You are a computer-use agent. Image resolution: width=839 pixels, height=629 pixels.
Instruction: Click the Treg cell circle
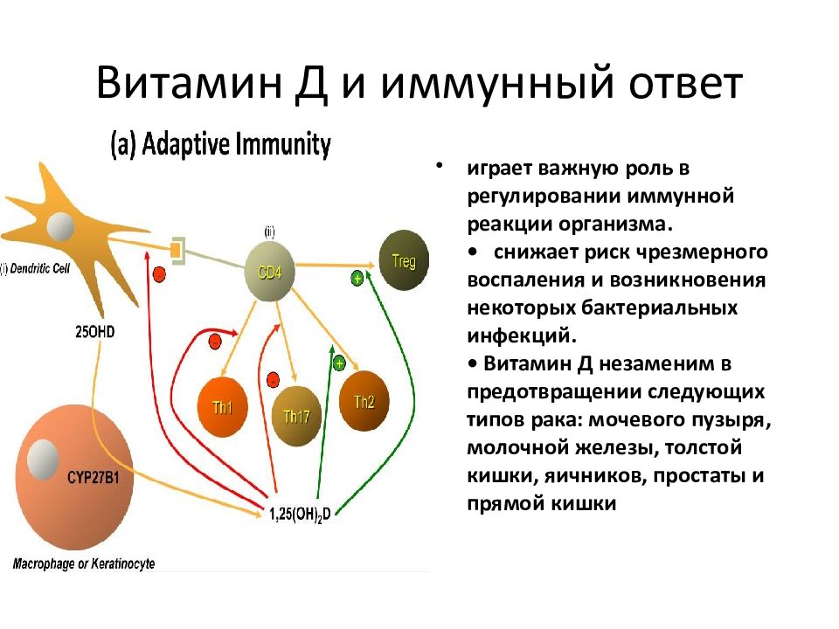point(404,260)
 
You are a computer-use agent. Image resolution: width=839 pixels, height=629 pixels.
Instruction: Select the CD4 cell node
point(270,271)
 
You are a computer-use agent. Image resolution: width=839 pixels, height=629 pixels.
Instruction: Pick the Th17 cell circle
point(296,416)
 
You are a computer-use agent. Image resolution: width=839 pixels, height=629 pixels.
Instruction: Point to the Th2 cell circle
point(364,401)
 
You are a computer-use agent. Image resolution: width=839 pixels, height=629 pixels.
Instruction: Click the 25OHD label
point(94,332)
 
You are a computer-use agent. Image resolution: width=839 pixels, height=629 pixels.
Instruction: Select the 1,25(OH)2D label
point(300,515)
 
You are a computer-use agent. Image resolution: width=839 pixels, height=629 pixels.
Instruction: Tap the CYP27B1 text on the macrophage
point(94,477)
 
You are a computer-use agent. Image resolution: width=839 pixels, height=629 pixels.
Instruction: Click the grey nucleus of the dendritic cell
point(60,227)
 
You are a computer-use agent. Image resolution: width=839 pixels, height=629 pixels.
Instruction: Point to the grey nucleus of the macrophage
point(42,460)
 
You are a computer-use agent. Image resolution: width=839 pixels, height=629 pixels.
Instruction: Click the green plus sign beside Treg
point(357,278)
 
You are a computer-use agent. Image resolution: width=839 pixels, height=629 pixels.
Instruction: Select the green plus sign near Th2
point(339,364)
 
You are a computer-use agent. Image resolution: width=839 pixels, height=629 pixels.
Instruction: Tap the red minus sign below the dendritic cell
point(159,274)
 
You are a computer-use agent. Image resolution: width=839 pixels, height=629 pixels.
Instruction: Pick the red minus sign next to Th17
point(273,380)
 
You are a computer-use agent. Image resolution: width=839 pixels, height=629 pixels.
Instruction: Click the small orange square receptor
point(175,249)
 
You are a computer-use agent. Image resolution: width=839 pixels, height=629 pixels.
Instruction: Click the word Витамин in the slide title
point(190,84)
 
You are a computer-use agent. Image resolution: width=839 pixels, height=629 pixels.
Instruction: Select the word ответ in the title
point(685,85)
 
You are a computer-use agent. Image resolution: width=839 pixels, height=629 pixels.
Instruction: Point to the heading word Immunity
point(283,144)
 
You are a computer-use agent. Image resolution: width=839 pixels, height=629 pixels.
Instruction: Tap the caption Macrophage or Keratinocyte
point(84,563)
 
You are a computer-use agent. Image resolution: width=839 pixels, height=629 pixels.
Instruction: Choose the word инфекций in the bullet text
point(522,335)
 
